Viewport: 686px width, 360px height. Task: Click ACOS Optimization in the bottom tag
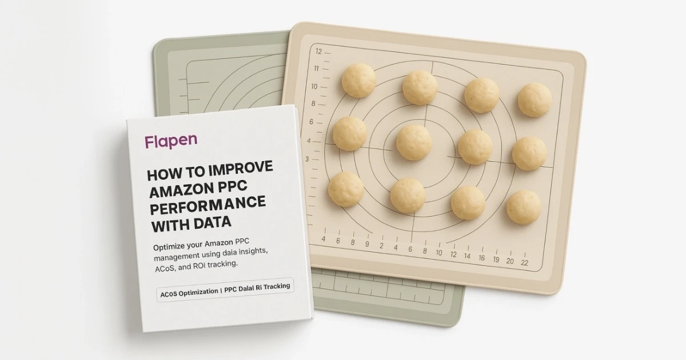point(189,292)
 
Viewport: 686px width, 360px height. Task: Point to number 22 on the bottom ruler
point(525,261)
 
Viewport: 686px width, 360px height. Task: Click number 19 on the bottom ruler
point(495,259)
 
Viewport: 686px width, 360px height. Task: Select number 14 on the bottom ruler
point(467,257)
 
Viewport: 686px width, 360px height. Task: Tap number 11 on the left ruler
point(315,69)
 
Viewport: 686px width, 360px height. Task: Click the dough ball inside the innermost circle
point(413,142)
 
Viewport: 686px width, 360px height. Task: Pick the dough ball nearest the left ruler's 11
point(358,80)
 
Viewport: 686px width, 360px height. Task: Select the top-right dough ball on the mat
point(535,99)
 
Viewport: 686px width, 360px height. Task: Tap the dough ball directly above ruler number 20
point(523,207)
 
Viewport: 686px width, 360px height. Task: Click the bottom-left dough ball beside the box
point(345,189)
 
